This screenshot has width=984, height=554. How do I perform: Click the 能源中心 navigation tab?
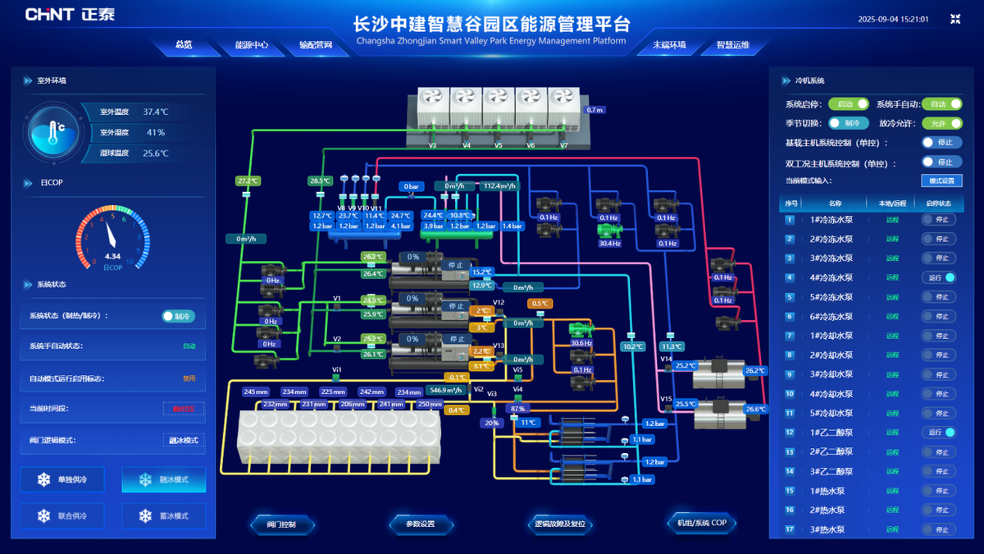252,45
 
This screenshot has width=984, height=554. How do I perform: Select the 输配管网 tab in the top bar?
316,45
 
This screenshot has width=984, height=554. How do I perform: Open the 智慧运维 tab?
732,45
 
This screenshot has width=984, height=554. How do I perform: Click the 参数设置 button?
420,524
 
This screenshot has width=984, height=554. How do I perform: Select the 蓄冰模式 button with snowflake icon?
163,515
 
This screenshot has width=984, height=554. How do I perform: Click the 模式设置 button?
941,181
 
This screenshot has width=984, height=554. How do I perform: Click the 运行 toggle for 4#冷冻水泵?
938,277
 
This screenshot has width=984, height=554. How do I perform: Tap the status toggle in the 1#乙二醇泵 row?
938,433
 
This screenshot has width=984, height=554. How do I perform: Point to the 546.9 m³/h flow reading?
447,391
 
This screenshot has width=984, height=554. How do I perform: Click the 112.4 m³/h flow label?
499,186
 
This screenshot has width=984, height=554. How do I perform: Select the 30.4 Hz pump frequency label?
609,243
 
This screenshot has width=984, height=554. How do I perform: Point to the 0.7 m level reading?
594,109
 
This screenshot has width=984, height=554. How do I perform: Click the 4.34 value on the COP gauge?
112,256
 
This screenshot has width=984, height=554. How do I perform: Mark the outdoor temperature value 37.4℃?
156,112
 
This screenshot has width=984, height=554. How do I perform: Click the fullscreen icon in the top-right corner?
955,19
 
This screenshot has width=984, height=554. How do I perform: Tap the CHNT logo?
61,15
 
